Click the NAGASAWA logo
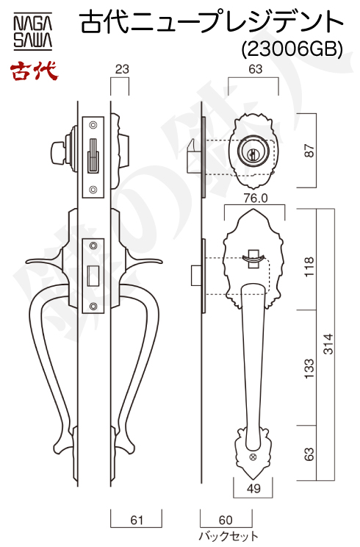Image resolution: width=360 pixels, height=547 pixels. (x=33, y=31)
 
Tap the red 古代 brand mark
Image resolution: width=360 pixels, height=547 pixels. (x=34, y=71)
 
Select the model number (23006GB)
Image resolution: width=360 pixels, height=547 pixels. (x=292, y=49)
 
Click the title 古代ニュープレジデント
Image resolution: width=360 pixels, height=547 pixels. (x=212, y=22)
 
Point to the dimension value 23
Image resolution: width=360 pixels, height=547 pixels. (x=122, y=69)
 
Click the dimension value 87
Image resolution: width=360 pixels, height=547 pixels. (x=309, y=151)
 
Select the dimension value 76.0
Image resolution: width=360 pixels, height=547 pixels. (x=256, y=199)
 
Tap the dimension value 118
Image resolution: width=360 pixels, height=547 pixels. (x=309, y=267)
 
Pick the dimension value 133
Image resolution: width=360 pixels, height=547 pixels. (x=309, y=368)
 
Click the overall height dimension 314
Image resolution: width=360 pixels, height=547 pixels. (x=328, y=344)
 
